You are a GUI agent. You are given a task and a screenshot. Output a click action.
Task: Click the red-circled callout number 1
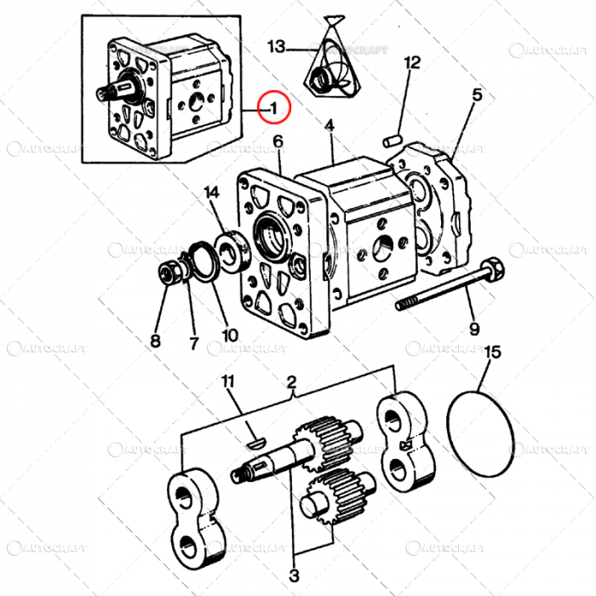275,107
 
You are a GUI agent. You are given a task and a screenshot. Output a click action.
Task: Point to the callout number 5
477,95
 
